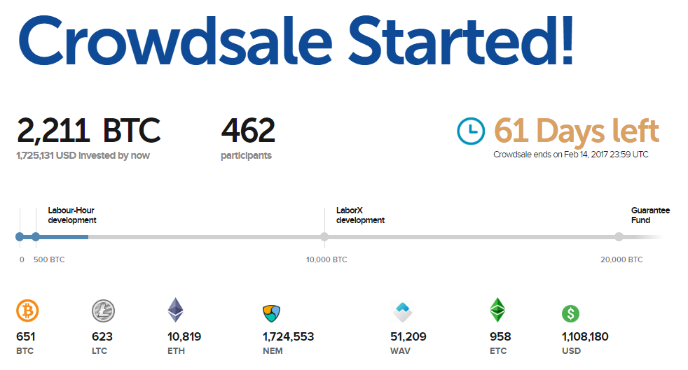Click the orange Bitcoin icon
[27, 310]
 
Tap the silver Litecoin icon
[103, 310]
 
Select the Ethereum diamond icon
[175, 309]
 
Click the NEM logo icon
[271, 312]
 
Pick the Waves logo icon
[402, 310]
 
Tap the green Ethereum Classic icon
[497, 309]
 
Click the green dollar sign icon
[571, 313]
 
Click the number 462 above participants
[248, 130]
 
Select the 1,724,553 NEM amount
[289, 336]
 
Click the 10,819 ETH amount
[184, 336]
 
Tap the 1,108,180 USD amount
[585, 336]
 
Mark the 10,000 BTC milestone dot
[324, 237]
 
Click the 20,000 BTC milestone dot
[619, 237]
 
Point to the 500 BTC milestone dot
[36, 237]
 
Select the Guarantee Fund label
[650, 215]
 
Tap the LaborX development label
[360, 215]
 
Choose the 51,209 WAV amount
[408, 336]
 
